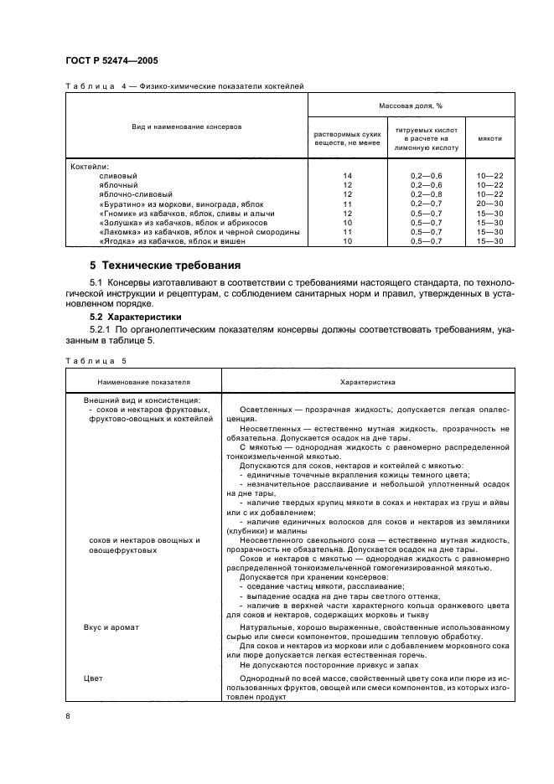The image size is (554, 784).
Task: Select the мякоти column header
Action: tap(489, 139)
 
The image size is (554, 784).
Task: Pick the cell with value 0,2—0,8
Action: tap(425, 193)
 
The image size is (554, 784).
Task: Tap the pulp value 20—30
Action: tap(489, 204)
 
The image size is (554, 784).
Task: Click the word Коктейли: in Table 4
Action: tap(90, 165)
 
